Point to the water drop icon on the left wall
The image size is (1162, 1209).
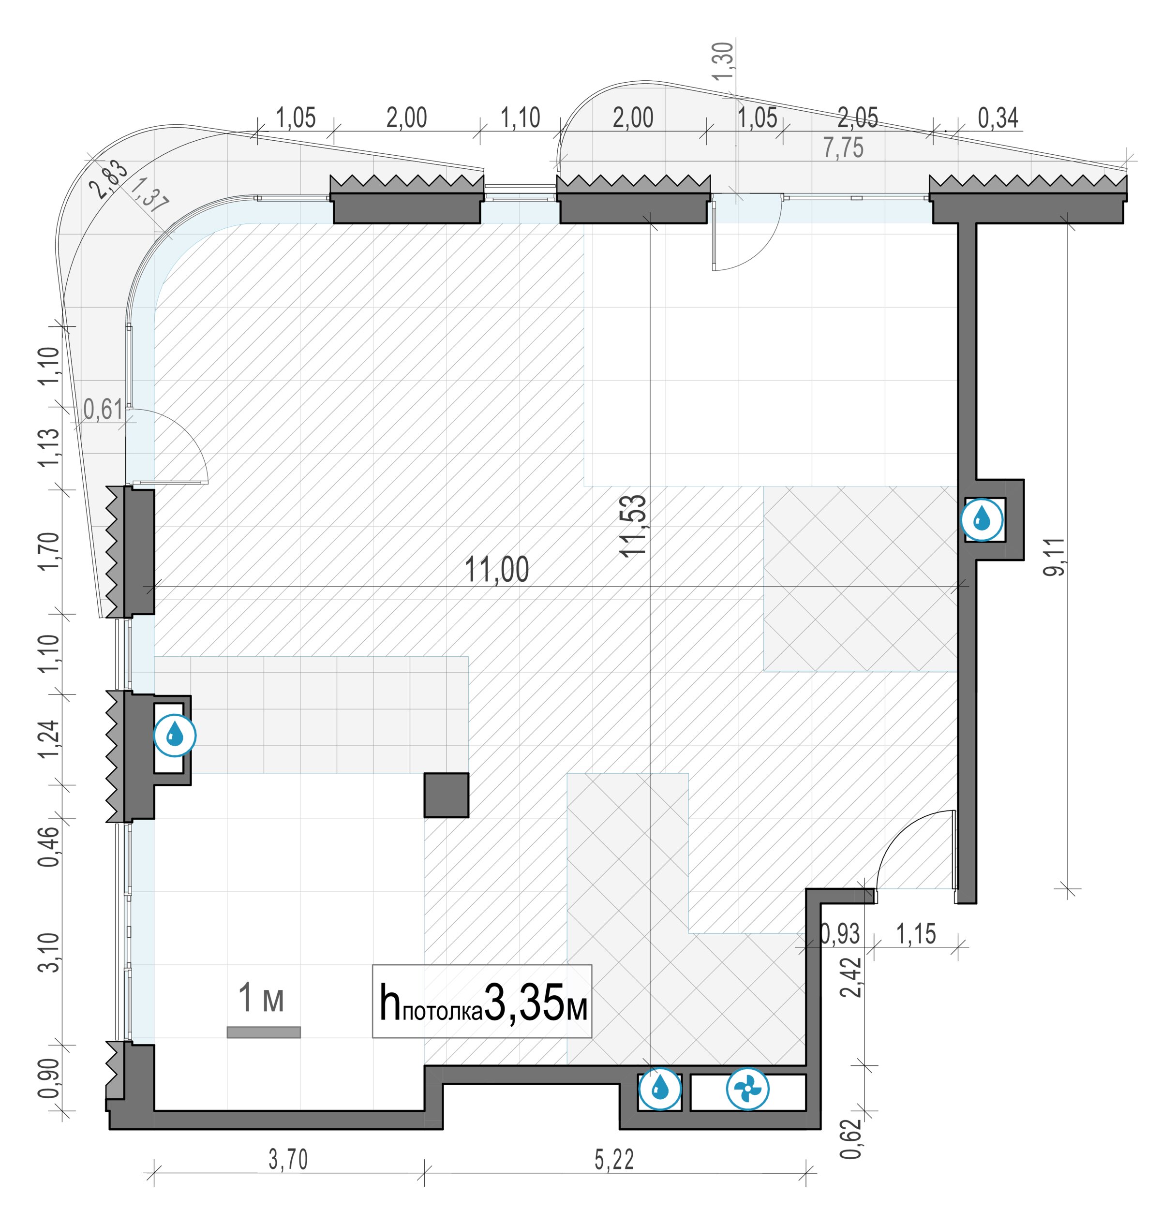[x=175, y=735]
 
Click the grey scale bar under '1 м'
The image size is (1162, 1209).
[x=264, y=1032]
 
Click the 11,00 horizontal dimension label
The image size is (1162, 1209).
[x=497, y=569]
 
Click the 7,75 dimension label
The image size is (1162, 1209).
[x=843, y=148]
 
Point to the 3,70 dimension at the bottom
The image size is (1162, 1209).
[x=288, y=1160]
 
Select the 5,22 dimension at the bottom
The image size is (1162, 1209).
[x=614, y=1160]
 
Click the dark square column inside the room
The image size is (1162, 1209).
[x=446, y=795]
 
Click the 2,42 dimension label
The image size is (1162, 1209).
[x=851, y=976]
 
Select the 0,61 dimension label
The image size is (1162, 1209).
[x=103, y=410]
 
